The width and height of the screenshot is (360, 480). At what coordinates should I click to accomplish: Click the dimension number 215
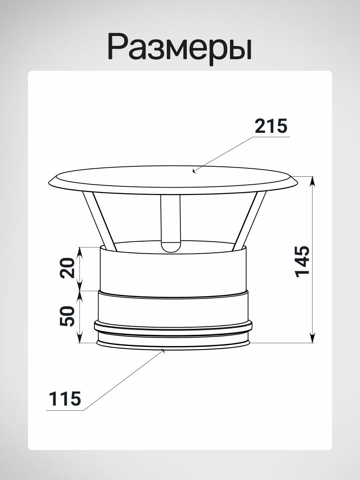(271, 126)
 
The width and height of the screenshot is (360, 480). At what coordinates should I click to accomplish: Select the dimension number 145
(302, 262)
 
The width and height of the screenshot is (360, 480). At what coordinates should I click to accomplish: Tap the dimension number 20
(67, 268)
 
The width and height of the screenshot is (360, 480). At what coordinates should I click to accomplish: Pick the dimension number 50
(67, 316)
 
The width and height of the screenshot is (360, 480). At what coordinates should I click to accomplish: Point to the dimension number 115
(65, 399)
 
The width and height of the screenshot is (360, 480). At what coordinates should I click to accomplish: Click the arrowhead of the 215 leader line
(194, 171)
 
